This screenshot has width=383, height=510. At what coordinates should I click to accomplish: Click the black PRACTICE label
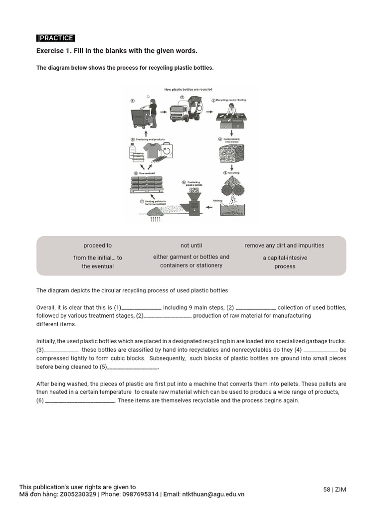click(56, 38)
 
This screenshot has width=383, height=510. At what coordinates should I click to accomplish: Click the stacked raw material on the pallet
click(146, 184)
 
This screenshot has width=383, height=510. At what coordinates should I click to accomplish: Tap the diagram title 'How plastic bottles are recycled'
click(189, 90)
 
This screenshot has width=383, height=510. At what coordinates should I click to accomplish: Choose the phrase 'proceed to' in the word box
click(98, 246)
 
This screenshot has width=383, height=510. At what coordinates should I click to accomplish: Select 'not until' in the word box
click(191, 246)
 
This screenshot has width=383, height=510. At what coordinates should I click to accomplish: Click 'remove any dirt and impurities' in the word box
click(284, 246)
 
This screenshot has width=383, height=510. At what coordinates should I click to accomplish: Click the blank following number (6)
click(80, 401)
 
